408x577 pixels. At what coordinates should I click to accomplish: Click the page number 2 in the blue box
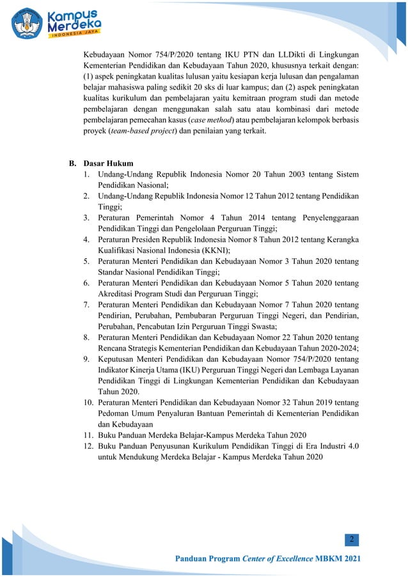coord(352,541)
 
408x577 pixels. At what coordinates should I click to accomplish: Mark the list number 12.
coord(88,445)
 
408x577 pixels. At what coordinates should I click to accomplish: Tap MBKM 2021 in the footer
coord(338,560)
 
